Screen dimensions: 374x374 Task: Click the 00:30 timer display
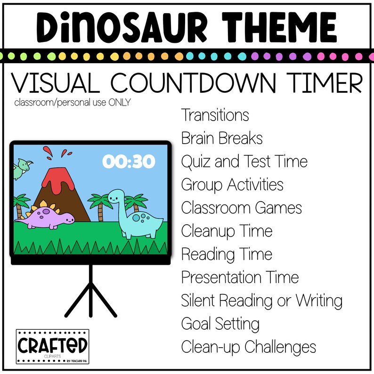[x=129, y=162]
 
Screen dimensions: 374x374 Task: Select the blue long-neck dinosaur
[x=136, y=216]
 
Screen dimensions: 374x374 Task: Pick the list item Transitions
[x=215, y=115]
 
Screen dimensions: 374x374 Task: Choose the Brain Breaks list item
[x=222, y=138]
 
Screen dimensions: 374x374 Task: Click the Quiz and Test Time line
[x=244, y=162]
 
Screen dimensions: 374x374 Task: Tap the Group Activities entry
[x=232, y=185]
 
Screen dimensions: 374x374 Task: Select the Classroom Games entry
[x=241, y=208]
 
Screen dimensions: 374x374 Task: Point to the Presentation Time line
[x=240, y=277]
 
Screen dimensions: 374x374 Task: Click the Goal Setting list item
[x=220, y=324]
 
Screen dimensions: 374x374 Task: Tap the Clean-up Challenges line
[x=248, y=347]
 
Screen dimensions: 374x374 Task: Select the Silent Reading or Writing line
[x=261, y=301]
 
